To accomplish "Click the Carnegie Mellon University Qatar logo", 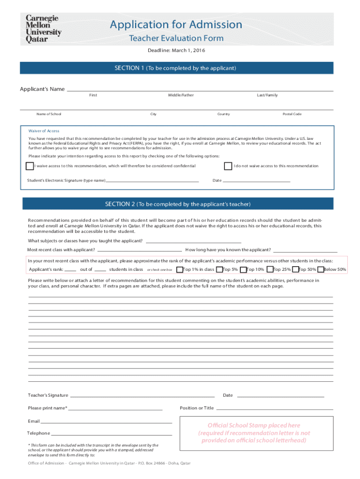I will pos(43,29).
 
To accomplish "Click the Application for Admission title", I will pos(176,25).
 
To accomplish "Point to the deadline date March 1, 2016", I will pos(176,51).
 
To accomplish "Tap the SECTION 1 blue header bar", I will pos(176,68).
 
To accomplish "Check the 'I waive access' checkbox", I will pos(30,166).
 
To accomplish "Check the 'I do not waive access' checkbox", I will pos(228,166).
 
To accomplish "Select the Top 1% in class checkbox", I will pos(179,269).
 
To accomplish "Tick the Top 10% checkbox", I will pos(243,269).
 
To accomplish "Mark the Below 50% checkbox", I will pos(320,269).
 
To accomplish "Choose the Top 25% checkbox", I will pos(270,269).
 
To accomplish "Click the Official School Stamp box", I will pos(254,433).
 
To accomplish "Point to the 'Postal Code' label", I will pos(292,114).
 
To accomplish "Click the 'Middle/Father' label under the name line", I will pos(181,95).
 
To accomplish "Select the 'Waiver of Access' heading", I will pos(44,131).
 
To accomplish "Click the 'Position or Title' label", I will pos(197,408).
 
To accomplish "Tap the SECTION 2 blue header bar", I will pos(178,204).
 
